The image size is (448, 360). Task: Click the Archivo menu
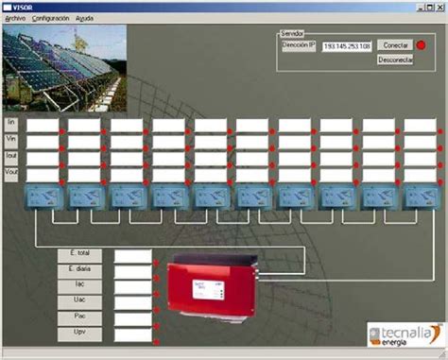pyautogui.click(x=15, y=18)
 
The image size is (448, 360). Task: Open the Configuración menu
pyautogui.click(x=50, y=18)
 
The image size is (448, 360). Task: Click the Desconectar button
pyautogui.click(x=395, y=60)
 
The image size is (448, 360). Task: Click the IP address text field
pyautogui.click(x=346, y=45)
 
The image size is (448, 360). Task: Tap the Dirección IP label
pyautogui.click(x=299, y=45)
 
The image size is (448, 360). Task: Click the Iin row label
pyautogui.click(x=11, y=123)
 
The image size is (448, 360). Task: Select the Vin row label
pyautogui.click(x=11, y=140)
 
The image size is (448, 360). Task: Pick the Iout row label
pyautogui.click(x=11, y=156)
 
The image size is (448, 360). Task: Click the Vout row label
pyautogui.click(x=11, y=173)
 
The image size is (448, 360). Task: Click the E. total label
pyautogui.click(x=78, y=255)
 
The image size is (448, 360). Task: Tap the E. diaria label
pyautogui.click(x=78, y=269)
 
